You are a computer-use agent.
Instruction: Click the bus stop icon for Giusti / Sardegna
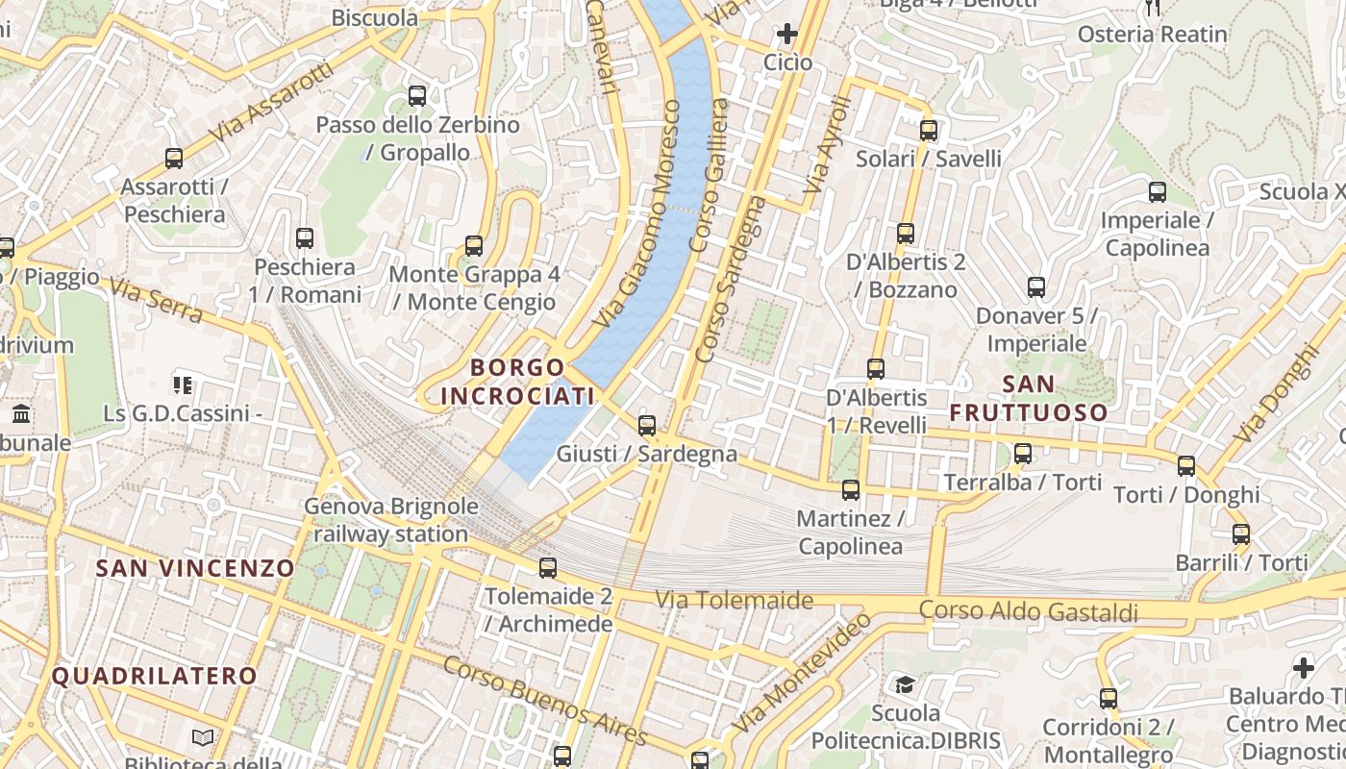647,425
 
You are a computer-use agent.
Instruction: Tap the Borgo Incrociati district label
517,382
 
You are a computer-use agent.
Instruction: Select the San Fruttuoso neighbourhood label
1029,399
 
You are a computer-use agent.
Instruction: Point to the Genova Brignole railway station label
391,520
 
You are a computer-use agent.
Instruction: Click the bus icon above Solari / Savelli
928,130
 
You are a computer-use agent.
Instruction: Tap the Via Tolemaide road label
734,601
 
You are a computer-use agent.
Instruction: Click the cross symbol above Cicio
786,35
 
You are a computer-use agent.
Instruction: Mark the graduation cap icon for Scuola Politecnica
905,684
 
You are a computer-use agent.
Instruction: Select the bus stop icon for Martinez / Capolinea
851,490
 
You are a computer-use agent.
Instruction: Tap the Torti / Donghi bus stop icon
1186,466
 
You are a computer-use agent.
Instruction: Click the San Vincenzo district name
195,568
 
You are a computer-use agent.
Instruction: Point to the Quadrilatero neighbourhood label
154,676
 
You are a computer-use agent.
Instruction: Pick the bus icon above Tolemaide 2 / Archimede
547,567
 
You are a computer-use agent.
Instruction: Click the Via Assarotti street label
270,103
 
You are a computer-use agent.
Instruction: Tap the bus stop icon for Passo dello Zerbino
416,96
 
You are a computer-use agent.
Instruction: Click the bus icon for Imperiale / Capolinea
1157,191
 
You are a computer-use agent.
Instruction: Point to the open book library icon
203,737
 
